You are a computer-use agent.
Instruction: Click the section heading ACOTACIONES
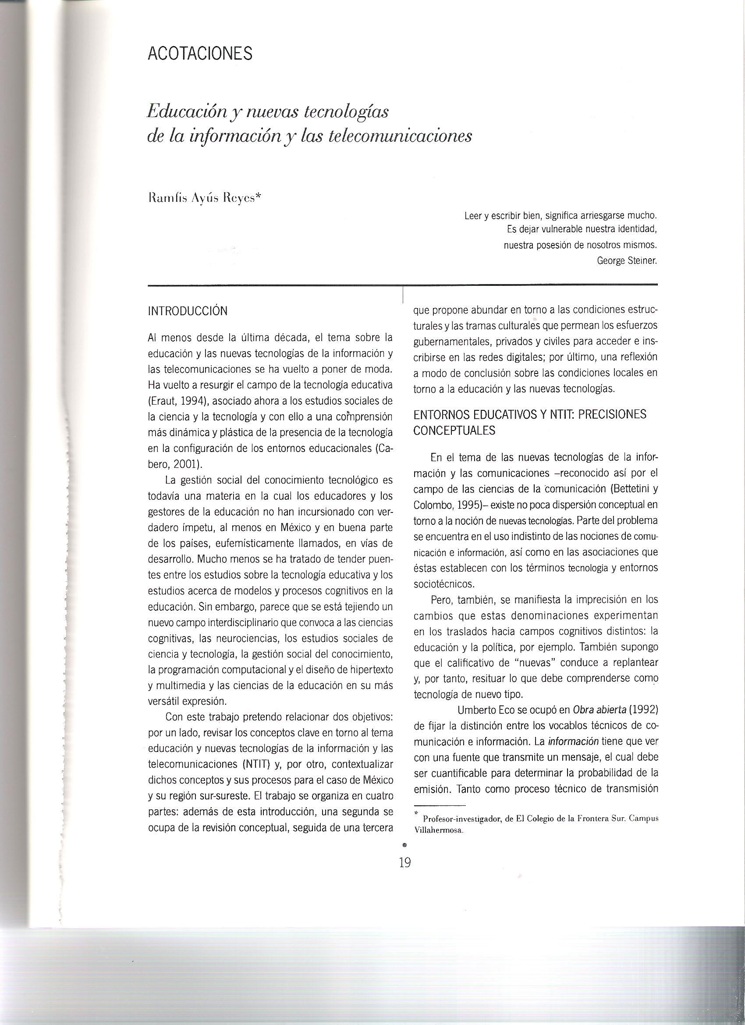tap(200, 54)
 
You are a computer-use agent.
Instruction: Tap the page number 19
tap(405, 863)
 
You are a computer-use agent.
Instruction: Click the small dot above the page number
tap(404, 844)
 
